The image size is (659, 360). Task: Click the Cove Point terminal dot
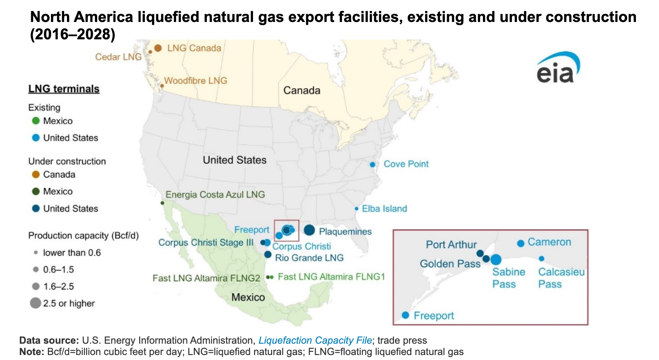pos(372,164)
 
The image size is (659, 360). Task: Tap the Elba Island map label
pos(384,209)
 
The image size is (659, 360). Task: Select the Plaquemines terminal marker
pos(309,230)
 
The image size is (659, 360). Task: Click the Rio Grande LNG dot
pos(268,254)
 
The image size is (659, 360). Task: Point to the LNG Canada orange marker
pos(158,48)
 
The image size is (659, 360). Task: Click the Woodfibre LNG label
pos(196,81)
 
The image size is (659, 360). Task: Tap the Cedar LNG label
pos(118,57)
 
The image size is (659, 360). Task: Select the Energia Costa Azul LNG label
pos(215,195)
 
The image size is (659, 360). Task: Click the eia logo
pos(558,68)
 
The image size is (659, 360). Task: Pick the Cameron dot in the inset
pos(520,243)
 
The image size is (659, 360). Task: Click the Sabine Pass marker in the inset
pos(496,259)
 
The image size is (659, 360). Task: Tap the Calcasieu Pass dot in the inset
pos(541,259)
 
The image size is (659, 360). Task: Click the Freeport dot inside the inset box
pos(405,315)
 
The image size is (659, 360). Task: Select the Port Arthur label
pos(451,244)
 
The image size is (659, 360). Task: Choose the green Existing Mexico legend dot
pos(36,121)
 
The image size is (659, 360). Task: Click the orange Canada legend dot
pos(36,175)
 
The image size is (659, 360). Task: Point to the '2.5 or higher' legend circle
pos(35,303)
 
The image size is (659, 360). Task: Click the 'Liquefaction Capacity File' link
pos(315,341)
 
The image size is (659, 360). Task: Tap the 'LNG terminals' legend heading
pos(64,89)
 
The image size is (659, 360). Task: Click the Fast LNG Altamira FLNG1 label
pos(331,277)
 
